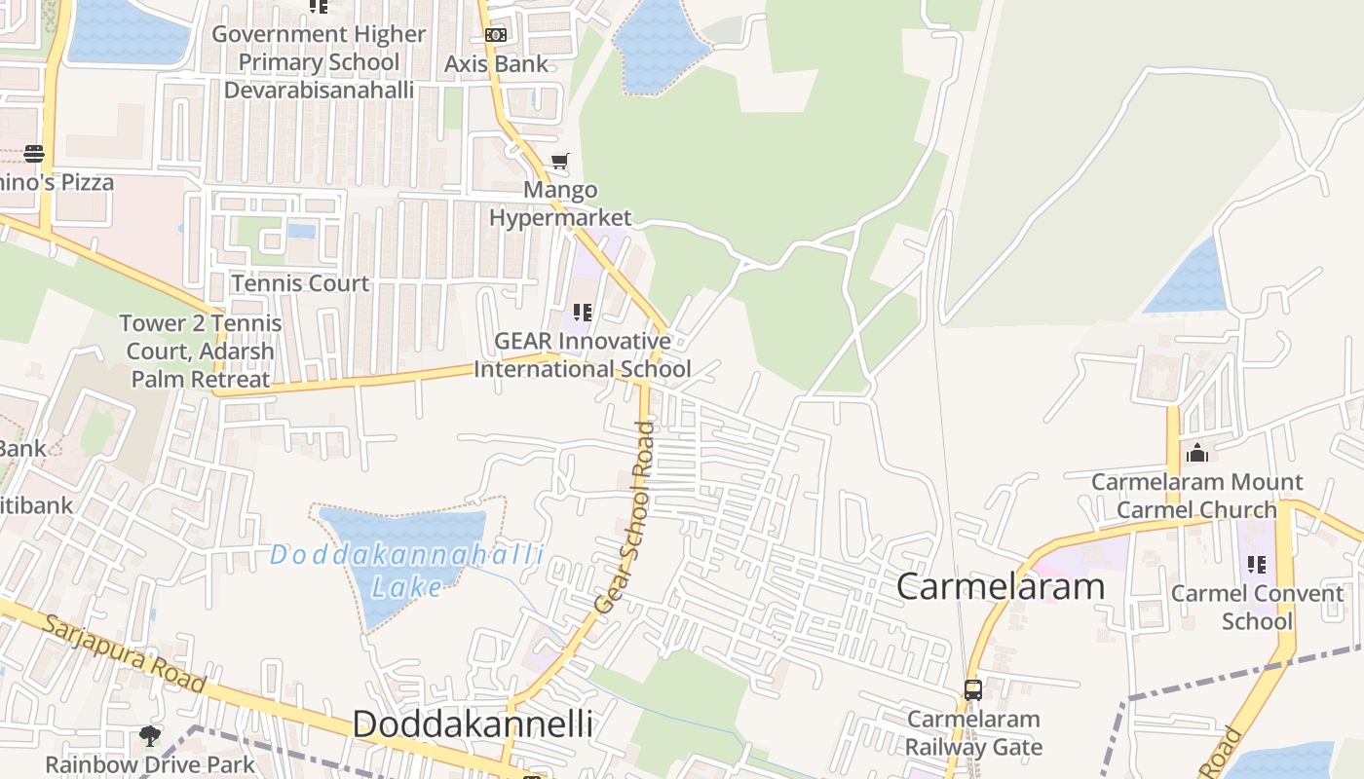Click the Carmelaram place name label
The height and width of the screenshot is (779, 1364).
(x=1001, y=586)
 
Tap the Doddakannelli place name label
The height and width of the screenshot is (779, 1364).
(x=473, y=724)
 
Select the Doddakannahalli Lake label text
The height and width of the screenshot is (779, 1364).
(x=406, y=571)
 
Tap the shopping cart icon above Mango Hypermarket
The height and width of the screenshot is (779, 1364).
(x=559, y=161)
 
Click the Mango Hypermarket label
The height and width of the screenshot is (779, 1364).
(x=560, y=204)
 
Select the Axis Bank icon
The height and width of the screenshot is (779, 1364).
(x=496, y=35)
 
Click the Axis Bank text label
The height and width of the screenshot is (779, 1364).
(x=497, y=64)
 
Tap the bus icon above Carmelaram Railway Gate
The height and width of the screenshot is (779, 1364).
(x=972, y=689)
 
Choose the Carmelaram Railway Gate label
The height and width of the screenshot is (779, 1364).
(x=974, y=733)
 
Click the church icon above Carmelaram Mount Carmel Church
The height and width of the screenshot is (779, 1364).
(x=1197, y=453)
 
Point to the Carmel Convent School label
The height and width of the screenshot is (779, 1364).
(x=1257, y=607)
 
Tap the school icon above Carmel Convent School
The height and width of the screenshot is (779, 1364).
(x=1257, y=564)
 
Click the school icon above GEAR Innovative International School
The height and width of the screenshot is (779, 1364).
(x=583, y=313)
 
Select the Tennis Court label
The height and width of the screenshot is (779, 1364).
(x=300, y=283)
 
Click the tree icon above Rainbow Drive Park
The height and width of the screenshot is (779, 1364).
(x=150, y=735)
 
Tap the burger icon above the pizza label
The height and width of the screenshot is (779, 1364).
(x=34, y=153)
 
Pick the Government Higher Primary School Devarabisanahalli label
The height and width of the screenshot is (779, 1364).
(x=319, y=62)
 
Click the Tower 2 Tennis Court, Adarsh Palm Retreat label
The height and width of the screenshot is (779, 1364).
(x=202, y=352)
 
